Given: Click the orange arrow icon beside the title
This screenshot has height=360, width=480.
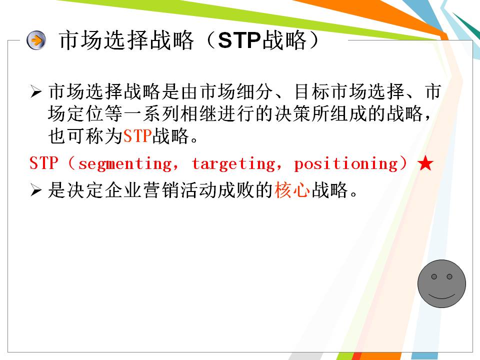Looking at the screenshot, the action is (36, 40).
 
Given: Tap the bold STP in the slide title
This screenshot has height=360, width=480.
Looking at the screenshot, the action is (239, 40).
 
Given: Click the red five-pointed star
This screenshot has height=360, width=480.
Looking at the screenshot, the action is (425, 163).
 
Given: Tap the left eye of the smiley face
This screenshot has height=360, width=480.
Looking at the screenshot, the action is (434, 276).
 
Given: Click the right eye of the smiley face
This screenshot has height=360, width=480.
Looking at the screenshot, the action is (449, 276).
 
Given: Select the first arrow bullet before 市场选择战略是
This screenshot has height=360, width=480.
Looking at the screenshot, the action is (35, 91).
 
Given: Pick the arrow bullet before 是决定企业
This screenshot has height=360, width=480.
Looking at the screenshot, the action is (35, 190).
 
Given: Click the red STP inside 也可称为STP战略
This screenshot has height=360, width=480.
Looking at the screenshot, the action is (137, 136).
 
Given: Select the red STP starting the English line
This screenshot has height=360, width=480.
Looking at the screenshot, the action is (44, 163).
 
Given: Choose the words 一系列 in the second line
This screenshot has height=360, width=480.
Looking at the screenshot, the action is (151, 114).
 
